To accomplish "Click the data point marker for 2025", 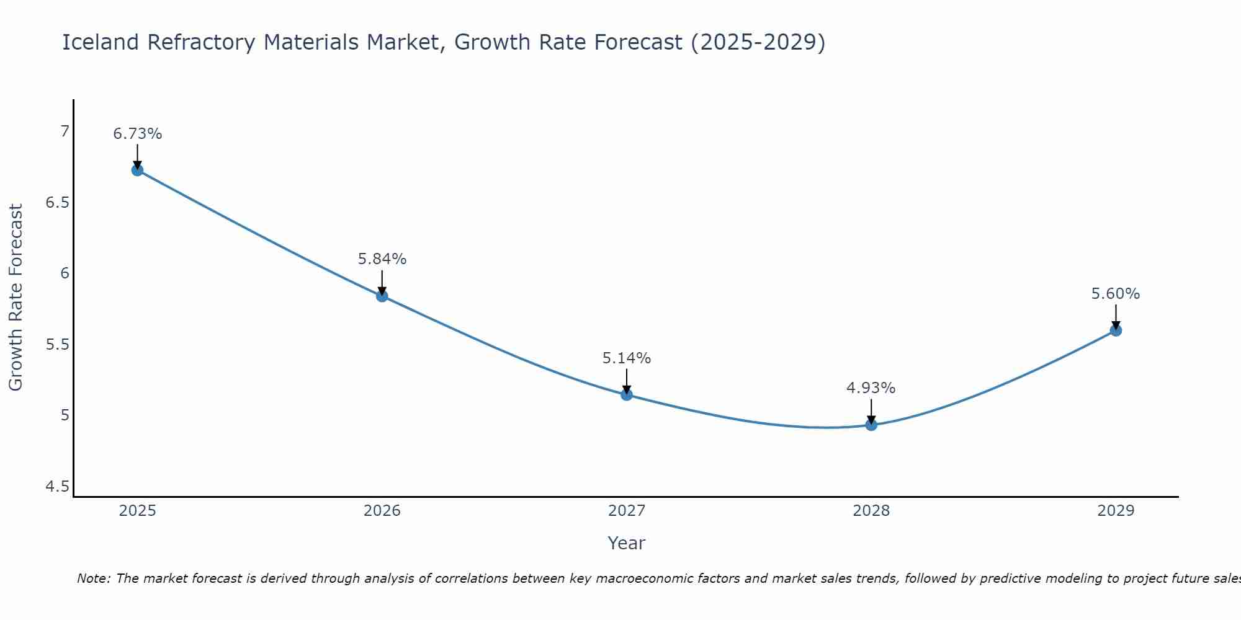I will [138, 170].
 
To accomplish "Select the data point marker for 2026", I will [382, 296].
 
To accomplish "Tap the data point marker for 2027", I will [627, 395].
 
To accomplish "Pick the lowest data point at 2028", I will [871, 425].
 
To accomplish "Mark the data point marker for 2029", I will [1116, 330].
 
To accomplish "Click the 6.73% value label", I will [138, 134].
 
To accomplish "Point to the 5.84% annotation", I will [382, 259].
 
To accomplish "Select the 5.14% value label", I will [627, 358].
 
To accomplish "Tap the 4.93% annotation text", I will [871, 388].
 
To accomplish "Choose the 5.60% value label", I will [1116, 294].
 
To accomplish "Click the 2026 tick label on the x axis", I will [382, 511].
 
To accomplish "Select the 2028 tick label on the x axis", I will [871, 511].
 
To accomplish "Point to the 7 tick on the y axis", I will [65, 131].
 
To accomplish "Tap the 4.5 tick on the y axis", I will [57, 487].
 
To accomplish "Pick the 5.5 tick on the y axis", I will [57, 345].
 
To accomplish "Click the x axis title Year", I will [627, 543].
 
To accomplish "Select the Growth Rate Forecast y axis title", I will [16, 298].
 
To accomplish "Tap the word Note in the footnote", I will [93, 578].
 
